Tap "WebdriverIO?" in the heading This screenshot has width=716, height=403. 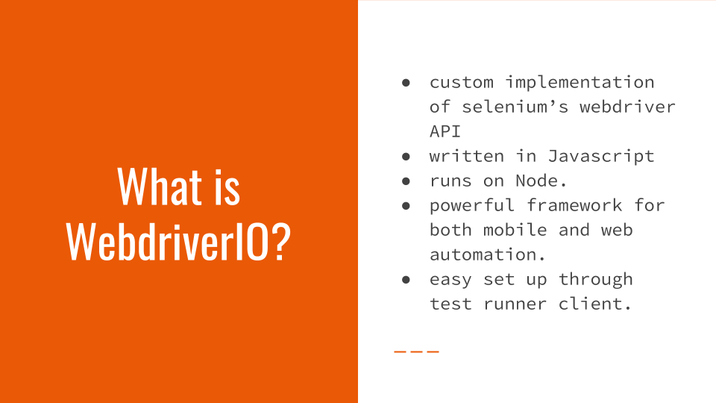[x=178, y=241]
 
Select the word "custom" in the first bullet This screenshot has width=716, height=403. [x=461, y=83]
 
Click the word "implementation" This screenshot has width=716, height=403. [x=580, y=82]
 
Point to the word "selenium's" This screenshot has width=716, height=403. [x=515, y=107]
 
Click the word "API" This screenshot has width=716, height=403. [x=445, y=131]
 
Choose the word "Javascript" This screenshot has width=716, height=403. [x=601, y=156]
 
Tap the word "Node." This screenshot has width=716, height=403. [x=541, y=181]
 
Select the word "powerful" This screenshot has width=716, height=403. [x=471, y=206]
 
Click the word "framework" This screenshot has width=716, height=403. [x=574, y=205]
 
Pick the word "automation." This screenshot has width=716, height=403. [x=488, y=254]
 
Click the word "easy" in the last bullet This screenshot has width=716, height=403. [x=450, y=280]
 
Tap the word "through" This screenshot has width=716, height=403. [x=596, y=279]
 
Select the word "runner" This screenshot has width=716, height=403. [x=515, y=304]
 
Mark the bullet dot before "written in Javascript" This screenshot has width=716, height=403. [x=406, y=157]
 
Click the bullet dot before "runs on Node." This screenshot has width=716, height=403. [x=406, y=181]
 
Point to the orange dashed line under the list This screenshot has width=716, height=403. [x=416, y=352]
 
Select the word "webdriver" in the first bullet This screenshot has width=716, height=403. [x=627, y=107]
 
